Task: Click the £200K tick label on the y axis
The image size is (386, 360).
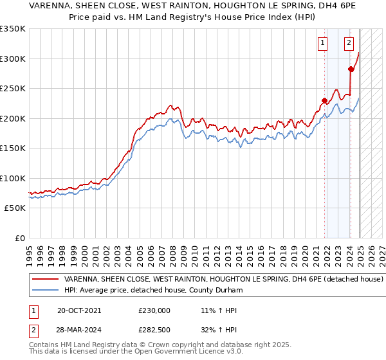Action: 13,118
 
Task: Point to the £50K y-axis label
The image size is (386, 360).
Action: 15,208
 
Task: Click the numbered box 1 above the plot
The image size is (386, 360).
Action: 322,44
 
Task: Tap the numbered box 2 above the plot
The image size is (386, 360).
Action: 349,44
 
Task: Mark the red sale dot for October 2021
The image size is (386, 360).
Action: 324,100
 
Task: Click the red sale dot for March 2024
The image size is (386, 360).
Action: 351,69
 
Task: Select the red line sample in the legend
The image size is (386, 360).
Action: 46,280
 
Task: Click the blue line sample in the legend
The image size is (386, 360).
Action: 46,291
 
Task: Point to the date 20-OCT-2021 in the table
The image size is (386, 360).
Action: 79,310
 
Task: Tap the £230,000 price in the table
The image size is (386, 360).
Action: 154,310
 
